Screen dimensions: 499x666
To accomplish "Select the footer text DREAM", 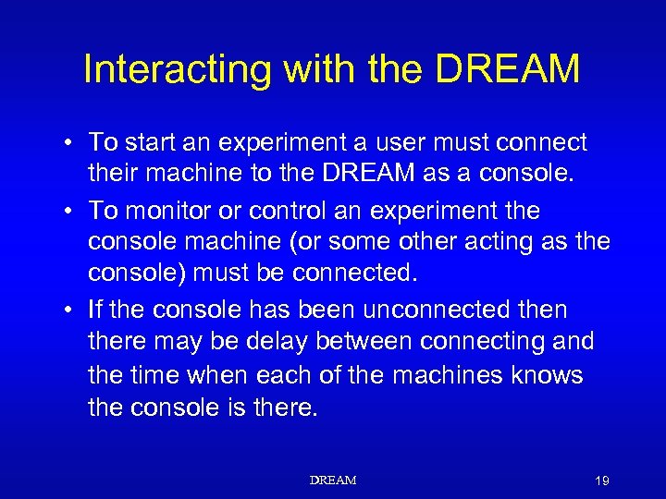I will point(333,481).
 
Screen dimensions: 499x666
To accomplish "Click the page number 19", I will point(601,481).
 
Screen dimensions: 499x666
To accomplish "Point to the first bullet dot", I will point(69,143).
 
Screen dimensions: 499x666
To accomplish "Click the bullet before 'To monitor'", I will point(69,212).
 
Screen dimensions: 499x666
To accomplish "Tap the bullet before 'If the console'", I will point(69,310).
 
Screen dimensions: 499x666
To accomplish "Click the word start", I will point(146,142).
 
